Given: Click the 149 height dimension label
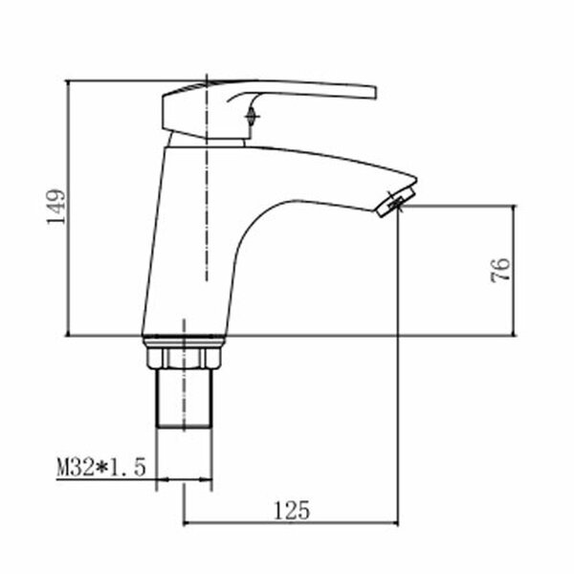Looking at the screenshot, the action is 56,207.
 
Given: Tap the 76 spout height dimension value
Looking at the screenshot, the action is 500,270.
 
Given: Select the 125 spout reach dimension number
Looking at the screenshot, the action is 292,510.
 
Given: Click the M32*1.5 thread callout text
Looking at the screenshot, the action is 101,467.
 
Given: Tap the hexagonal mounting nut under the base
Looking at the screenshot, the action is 184,358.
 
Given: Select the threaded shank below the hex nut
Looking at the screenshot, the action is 184,398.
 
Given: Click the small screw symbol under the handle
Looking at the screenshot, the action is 252,117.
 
